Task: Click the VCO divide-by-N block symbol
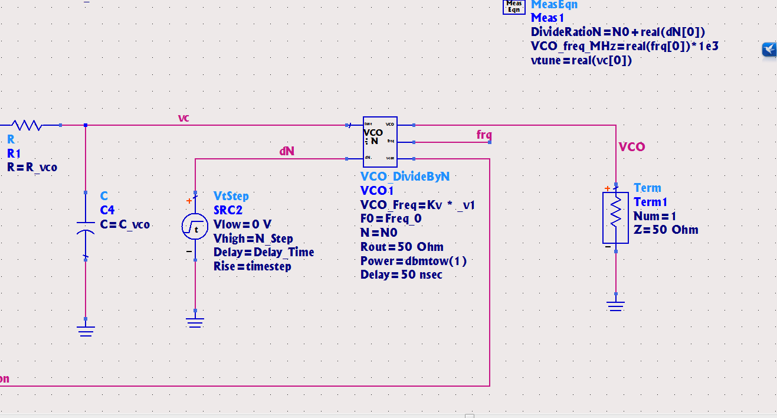pos(379,142)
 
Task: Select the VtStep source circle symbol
pos(195,227)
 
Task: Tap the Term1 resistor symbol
pos(615,217)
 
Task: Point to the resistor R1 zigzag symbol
pos(26,125)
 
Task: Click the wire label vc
pos(183,118)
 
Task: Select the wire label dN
pos(287,152)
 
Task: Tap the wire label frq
pos(484,135)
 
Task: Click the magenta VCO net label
pos(632,147)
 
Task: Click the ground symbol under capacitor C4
pos(86,330)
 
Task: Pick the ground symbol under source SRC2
pos(195,322)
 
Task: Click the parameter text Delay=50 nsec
pos(401,275)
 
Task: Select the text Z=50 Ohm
pos(665,230)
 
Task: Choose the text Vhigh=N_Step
pos(253,239)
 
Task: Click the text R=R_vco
pos(32,167)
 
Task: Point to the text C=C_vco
pos(125,224)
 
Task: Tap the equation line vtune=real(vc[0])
pos(581,60)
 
